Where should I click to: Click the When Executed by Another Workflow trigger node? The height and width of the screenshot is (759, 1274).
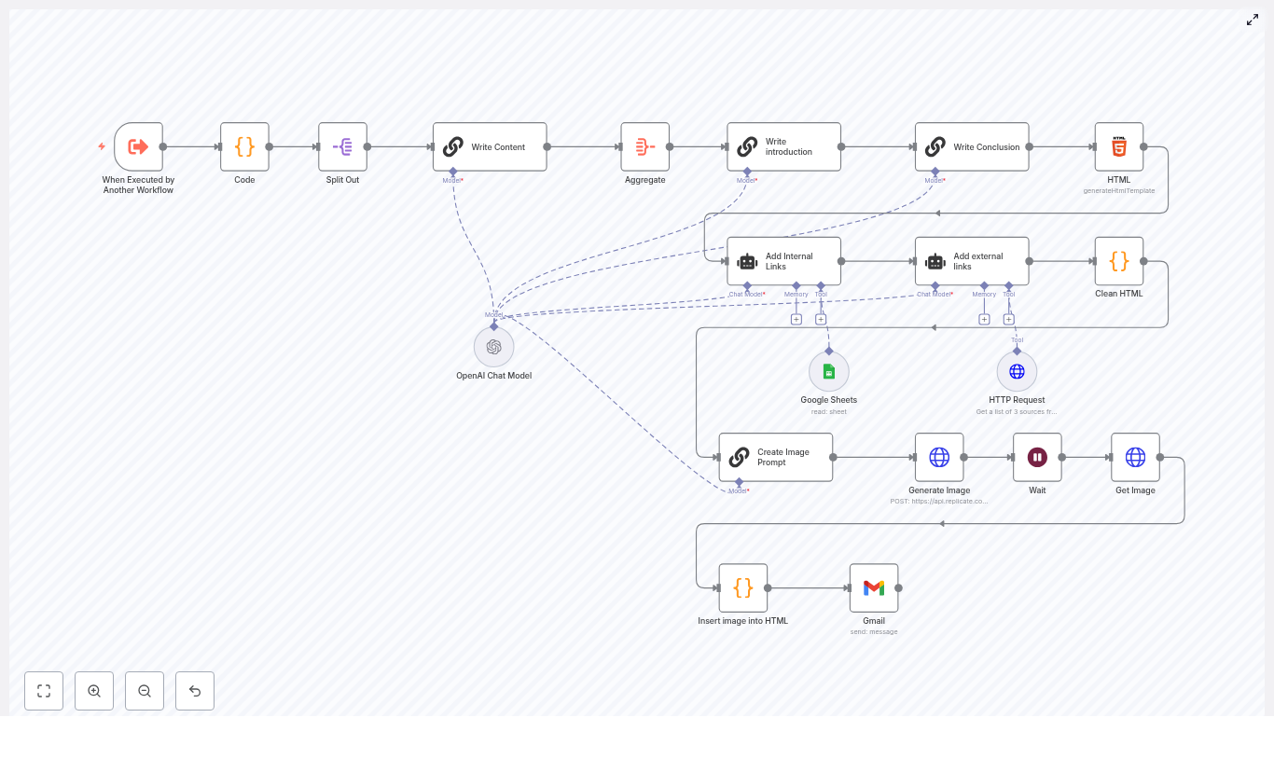tap(138, 146)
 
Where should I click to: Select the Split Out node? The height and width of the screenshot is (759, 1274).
tap(342, 146)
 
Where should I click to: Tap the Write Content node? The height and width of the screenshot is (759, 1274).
tap(490, 146)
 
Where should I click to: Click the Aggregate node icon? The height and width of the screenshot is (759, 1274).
tap(644, 146)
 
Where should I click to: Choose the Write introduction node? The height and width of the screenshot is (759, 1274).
tap(783, 146)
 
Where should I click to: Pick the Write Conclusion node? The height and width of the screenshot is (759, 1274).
tap(972, 146)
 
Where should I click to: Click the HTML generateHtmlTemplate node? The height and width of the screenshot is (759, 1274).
tap(1118, 146)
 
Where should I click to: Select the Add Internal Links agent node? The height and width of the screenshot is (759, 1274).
tap(783, 261)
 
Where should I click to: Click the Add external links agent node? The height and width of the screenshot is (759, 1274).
tap(972, 261)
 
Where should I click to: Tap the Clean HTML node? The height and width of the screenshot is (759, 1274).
tap(1118, 261)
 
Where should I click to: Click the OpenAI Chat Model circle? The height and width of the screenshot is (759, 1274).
tap(493, 347)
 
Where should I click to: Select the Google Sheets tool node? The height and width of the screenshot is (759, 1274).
tap(828, 371)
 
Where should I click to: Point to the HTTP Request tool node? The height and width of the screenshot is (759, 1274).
tap(1017, 371)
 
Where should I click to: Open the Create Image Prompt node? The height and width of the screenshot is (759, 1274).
tap(775, 457)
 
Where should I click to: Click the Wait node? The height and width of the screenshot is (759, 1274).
tap(1037, 457)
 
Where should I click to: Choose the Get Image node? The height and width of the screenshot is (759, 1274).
tap(1135, 457)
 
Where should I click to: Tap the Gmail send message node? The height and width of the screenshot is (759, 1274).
tap(873, 587)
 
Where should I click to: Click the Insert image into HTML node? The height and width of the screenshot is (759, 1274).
tap(742, 587)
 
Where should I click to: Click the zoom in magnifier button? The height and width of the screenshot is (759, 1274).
tap(94, 691)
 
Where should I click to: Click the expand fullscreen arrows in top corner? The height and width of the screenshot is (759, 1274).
tap(1253, 20)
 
